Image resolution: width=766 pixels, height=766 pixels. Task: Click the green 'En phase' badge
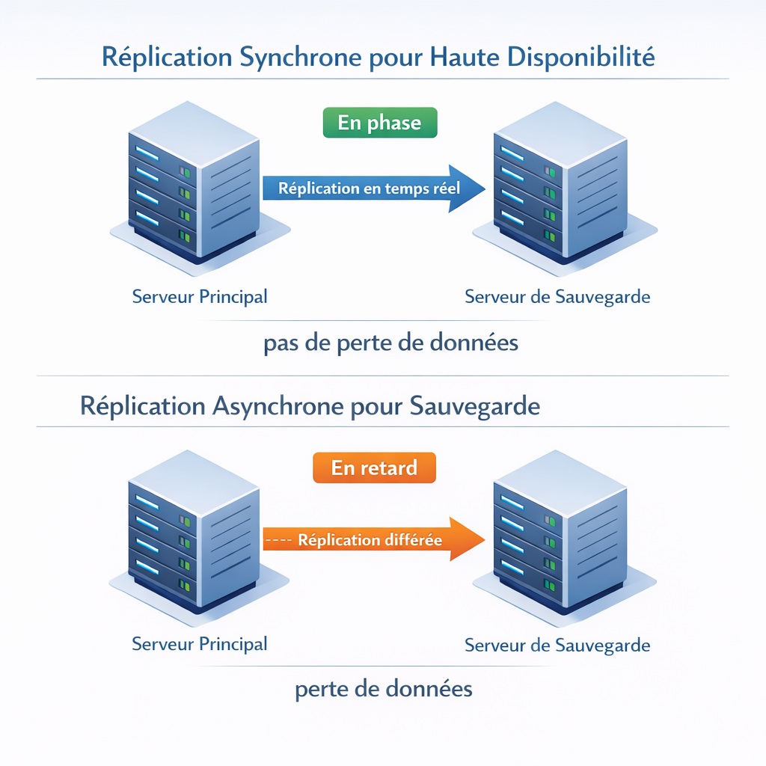(379, 123)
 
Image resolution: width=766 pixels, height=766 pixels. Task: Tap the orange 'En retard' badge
(373, 468)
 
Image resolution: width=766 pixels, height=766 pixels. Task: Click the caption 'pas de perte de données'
(391, 343)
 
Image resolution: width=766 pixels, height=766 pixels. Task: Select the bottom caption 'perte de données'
(384, 688)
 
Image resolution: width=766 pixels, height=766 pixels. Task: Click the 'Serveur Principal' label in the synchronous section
(200, 297)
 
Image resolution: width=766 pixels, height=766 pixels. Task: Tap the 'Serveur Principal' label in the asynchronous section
(200, 644)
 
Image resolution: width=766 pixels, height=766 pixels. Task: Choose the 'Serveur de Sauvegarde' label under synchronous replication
(557, 297)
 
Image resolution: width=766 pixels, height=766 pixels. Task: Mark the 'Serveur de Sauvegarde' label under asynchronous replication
(557, 645)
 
